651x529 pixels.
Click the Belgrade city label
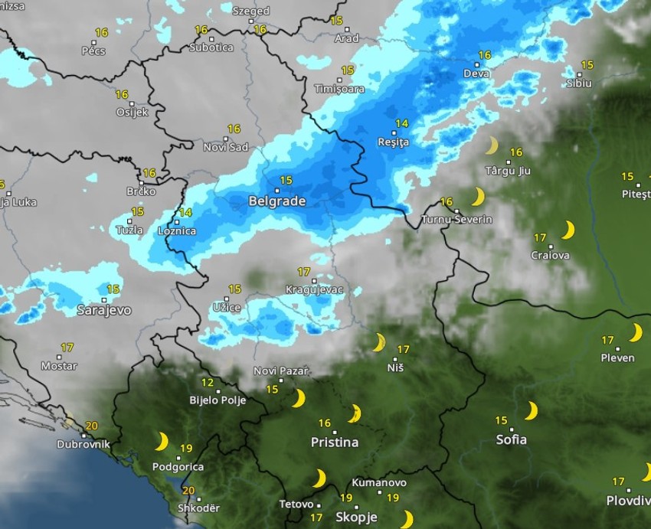point(277,202)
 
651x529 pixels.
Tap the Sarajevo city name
point(104,311)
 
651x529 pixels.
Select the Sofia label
point(511,439)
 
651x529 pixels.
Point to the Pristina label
point(335,442)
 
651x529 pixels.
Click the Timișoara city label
point(339,89)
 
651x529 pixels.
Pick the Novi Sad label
point(226,147)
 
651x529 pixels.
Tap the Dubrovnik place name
point(83,444)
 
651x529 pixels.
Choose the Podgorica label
point(178,467)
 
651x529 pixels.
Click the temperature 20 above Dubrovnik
point(92,426)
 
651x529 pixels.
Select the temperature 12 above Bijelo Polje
point(208,383)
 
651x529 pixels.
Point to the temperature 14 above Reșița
point(402,123)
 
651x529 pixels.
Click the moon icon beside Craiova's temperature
point(568,230)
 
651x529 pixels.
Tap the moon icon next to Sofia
point(531,411)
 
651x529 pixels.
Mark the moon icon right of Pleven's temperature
point(635,332)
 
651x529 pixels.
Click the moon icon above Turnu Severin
point(479,197)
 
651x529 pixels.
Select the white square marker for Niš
point(396,358)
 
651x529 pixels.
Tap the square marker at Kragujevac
point(313,281)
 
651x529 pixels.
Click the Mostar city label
point(59,366)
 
